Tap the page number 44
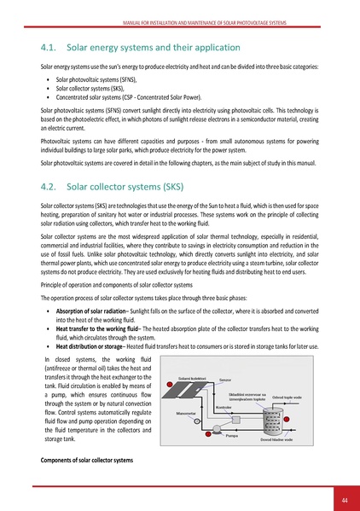345,500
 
